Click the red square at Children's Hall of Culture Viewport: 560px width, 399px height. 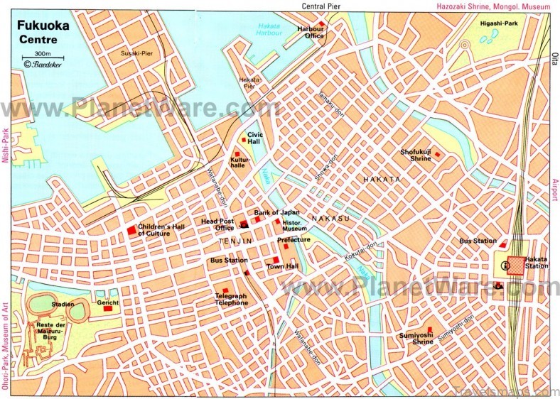pos(131,230)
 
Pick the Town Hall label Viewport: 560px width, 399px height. pos(281,266)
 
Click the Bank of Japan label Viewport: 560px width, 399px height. pos(276,212)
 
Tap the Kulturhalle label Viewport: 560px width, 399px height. pos(238,165)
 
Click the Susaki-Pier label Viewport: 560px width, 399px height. pos(136,53)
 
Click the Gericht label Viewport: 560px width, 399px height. pos(108,303)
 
